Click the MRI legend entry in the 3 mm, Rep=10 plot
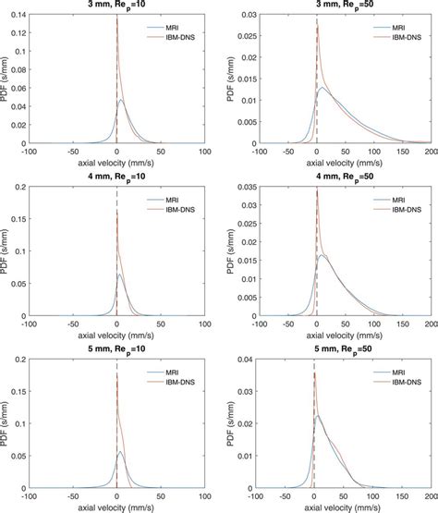(179, 28)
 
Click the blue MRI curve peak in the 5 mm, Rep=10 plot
(120, 453)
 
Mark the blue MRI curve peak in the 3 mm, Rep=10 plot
(121, 100)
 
